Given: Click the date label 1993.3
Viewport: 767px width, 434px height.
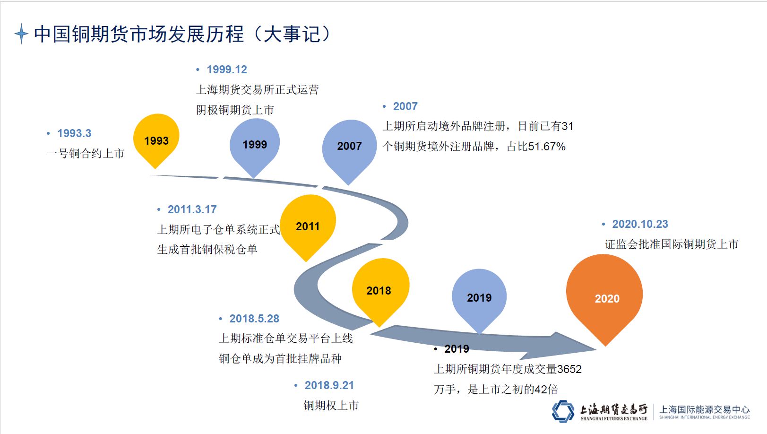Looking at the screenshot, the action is [74, 133].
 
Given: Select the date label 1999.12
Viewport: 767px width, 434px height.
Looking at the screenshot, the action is [227, 69].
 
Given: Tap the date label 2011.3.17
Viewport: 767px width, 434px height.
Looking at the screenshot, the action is [192, 209].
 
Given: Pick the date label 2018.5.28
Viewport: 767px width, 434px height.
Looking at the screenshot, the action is [254, 319].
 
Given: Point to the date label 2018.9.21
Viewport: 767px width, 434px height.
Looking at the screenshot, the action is [329, 385].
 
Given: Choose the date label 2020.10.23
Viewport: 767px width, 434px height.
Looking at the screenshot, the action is [640, 224].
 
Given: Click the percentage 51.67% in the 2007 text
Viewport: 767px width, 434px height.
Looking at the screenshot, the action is [547, 147].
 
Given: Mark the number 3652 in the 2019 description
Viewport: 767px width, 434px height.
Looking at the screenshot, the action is [569, 369].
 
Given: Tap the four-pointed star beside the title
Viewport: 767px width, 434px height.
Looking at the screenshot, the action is [21, 34].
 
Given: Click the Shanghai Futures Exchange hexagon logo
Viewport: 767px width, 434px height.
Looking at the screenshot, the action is [563, 411].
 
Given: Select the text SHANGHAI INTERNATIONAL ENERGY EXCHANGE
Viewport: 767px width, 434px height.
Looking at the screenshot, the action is [705, 417].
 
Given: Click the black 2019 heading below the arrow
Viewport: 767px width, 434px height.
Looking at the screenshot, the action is [457, 349].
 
